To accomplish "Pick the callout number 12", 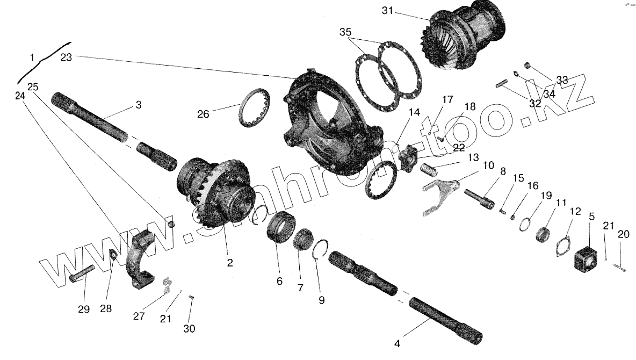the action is [x=575, y=212].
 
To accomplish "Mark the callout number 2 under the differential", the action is [x=229, y=263].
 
